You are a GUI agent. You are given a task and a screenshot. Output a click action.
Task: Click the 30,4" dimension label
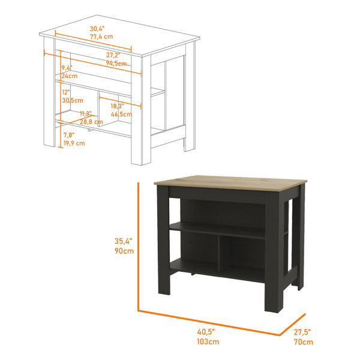click(97, 29)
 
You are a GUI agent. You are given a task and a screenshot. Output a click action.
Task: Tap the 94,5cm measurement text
click(116, 63)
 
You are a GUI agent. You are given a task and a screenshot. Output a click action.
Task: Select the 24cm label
click(70, 76)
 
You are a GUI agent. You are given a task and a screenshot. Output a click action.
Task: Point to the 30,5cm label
click(73, 100)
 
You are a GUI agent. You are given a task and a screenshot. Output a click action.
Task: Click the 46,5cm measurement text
click(121, 114)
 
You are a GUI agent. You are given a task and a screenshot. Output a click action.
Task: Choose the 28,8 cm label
click(91, 122)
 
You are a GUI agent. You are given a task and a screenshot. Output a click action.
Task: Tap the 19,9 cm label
click(74, 143)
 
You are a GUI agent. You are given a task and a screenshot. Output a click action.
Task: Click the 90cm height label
click(124, 251)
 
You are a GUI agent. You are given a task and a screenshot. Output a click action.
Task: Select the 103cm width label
click(208, 341)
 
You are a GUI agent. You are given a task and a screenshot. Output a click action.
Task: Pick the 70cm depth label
click(304, 342)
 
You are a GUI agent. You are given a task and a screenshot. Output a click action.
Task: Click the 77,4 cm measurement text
click(101, 37)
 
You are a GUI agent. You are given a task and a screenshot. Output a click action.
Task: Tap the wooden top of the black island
click(230, 183)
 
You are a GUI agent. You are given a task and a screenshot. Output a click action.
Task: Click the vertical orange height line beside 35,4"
click(138, 247)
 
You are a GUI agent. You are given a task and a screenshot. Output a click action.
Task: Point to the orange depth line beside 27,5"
click(293, 325)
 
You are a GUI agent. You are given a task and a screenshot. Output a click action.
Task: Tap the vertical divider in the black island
click(218, 253)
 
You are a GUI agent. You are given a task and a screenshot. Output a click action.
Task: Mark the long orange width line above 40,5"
click(209, 323)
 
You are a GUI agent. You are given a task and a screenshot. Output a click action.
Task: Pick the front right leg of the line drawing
click(141, 110)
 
